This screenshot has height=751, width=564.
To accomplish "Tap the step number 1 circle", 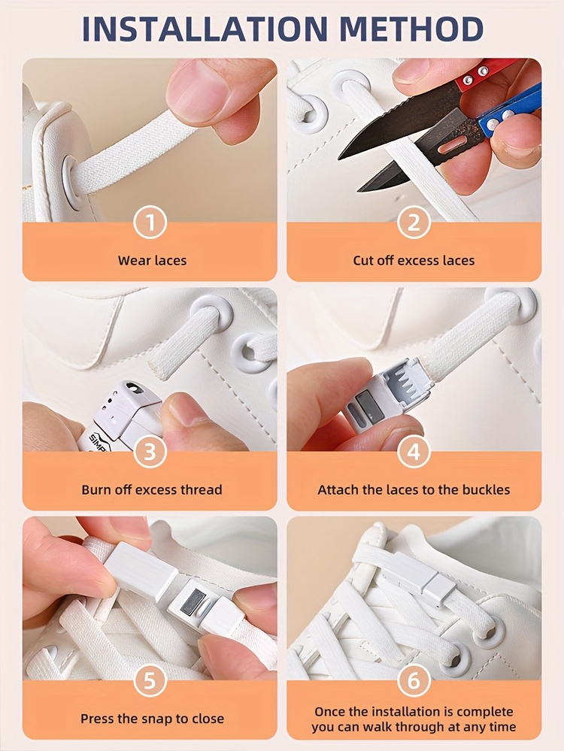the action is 150,223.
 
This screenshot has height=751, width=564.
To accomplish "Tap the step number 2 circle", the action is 414,223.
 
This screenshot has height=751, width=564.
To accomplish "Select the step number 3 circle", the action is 150,451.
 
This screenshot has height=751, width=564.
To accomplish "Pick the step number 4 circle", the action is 414,451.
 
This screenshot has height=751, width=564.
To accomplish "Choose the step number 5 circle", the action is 150,680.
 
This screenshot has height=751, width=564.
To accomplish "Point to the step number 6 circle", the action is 414,680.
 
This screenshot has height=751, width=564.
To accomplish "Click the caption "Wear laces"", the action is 152,261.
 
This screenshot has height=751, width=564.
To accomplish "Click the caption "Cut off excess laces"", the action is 414,261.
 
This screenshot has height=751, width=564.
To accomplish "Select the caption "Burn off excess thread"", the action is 152,489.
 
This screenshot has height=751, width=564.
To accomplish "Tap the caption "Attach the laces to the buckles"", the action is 414,489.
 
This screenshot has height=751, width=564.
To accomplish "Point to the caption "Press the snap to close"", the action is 152,719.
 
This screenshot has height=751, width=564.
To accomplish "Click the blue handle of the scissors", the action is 508,111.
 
